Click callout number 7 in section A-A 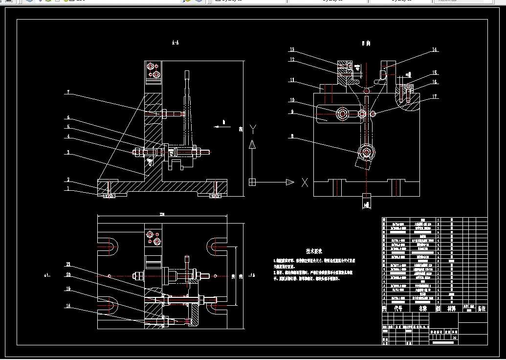pyautogui.click(x=68, y=92)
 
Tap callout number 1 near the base pyautogui.click(x=68, y=189)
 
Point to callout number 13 pyautogui.click(x=291, y=50)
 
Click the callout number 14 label pyautogui.click(x=434, y=50)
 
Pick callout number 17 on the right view pyautogui.click(x=434, y=96)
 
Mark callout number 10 pyautogui.click(x=292, y=100)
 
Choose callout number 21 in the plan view pyautogui.click(x=68, y=264)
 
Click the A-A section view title pyautogui.click(x=175, y=43)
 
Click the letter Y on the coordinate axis pyautogui.click(x=253, y=129)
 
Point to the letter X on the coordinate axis pyautogui.click(x=305, y=182)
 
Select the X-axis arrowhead pyautogui.click(x=289, y=182)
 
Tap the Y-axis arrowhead pyautogui.click(x=252, y=144)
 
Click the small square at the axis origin pyautogui.click(x=252, y=182)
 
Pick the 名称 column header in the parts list pyautogui.click(x=423, y=309)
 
